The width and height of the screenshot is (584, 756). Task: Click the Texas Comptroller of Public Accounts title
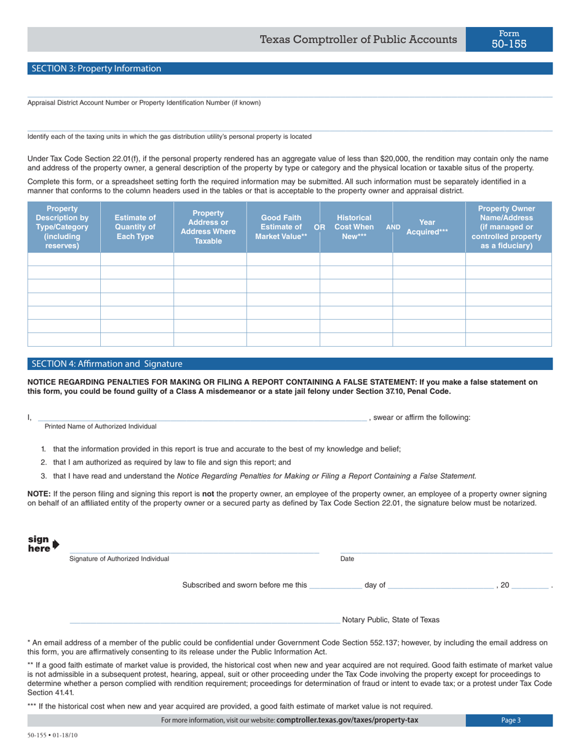point(358,40)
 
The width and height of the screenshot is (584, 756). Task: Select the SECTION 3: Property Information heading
point(97,69)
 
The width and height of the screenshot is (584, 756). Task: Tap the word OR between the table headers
point(320,227)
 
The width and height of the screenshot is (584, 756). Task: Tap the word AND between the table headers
point(393,227)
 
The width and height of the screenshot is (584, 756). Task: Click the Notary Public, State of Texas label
point(390,620)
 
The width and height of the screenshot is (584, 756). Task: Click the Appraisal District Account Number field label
point(144,103)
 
